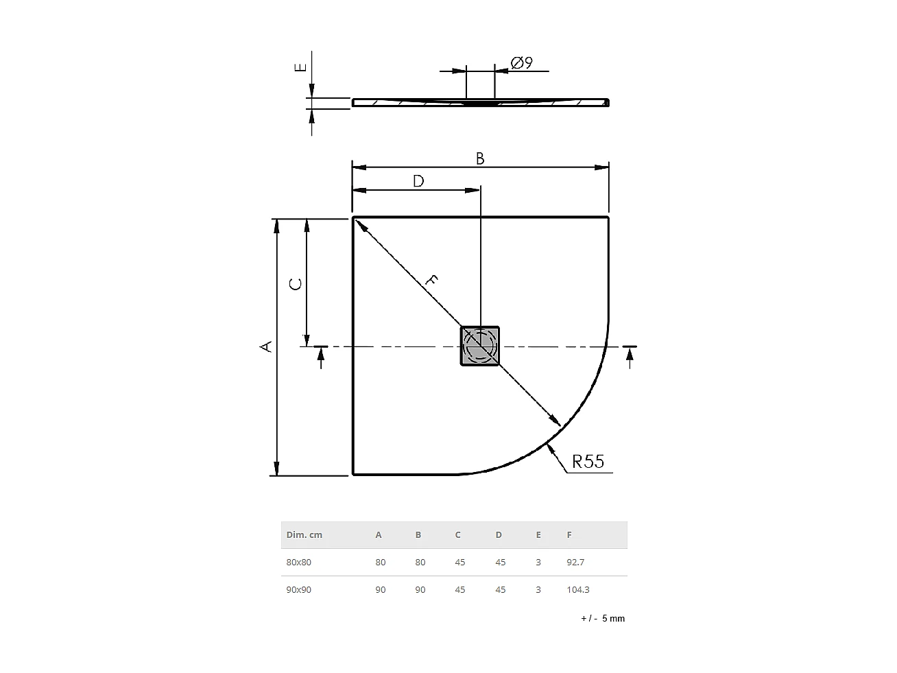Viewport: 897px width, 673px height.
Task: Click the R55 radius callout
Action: tap(588, 462)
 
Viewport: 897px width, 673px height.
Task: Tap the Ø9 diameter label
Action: tap(522, 63)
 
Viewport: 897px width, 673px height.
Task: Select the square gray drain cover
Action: tap(479, 346)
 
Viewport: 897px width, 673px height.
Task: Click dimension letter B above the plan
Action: tap(480, 158)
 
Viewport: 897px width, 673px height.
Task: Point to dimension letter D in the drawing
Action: tap(418, 181)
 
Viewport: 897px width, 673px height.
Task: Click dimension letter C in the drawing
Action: tap(296, 283)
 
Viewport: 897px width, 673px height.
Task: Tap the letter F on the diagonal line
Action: tap(431, 279)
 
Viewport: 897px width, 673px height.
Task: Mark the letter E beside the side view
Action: tap(300, 67)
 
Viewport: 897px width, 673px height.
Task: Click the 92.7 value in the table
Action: tap(575, 562)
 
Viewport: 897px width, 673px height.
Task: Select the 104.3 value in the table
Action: tap(577, 589)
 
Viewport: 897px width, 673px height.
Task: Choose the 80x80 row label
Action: tap(298, 562)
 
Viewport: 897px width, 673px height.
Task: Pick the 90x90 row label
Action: tap(298, 589)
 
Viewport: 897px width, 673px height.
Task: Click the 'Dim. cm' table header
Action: tap(304, 534)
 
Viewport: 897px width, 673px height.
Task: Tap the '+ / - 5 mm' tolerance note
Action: tap(603, 618)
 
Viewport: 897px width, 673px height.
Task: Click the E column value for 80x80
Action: tap(538, 562)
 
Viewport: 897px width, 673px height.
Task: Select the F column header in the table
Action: tap(569, 534)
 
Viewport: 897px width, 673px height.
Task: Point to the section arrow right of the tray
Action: tap(630, 356)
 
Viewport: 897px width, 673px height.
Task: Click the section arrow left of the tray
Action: tap(320, 356)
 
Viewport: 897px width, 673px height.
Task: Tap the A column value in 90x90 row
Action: tap(381, 589)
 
